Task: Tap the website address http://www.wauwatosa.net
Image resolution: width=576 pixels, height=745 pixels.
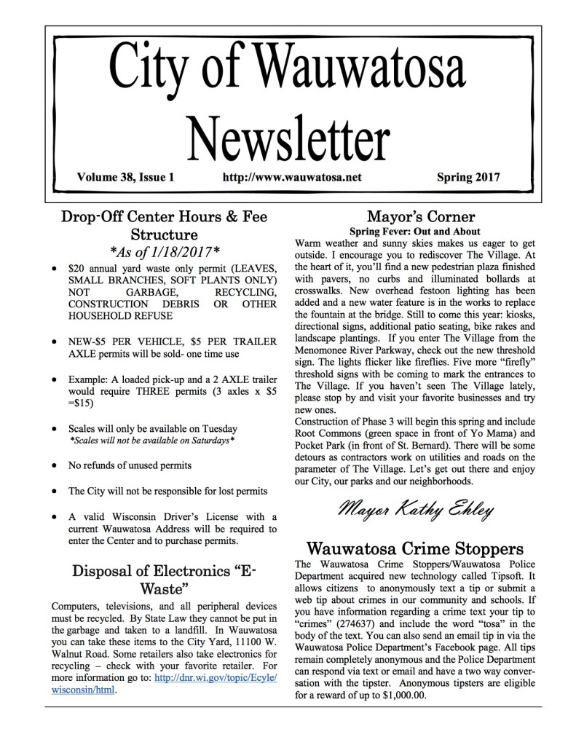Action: pos(293,177)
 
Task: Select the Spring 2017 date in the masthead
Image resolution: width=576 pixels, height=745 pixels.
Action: pos(473,177)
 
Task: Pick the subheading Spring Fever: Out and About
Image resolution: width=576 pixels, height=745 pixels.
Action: pos(421,232)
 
